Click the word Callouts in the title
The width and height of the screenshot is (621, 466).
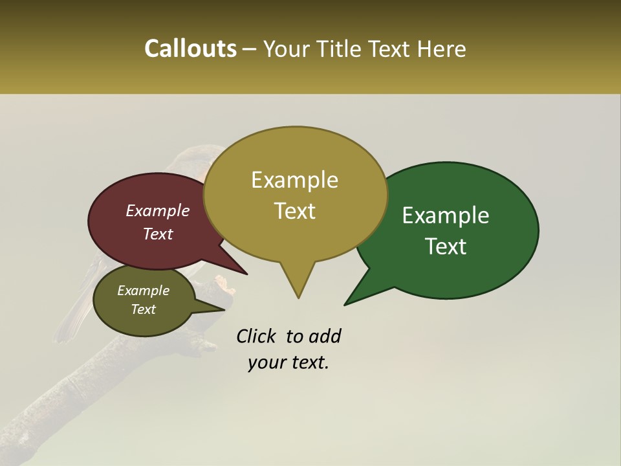pos(190,49)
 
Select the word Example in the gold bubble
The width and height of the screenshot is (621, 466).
pos(294,180)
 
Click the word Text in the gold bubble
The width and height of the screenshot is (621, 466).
pos(294,211)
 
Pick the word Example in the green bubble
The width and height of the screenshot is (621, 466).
pos(446,216)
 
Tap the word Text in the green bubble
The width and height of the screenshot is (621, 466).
pos(446,247)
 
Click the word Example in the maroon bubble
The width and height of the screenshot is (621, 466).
pos(158,210)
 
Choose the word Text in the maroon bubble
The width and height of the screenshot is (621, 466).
pos(158,234)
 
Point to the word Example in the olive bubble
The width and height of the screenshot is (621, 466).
pos(144,291)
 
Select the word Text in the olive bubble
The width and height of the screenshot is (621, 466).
pos(144,309)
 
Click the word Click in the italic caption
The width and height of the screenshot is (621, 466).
pos(257,336)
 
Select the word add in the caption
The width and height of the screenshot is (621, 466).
pos(325,336)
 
